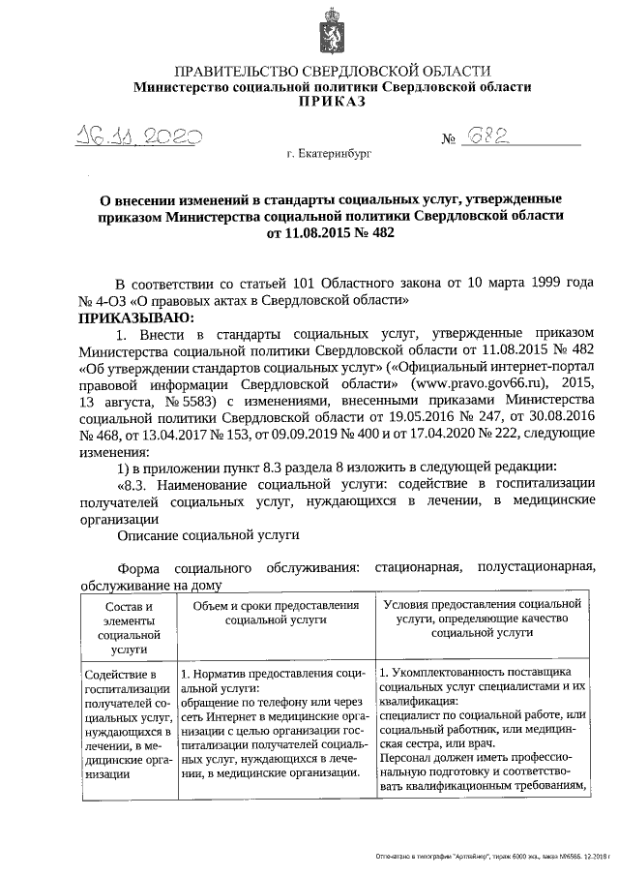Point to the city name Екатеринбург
(x=329, y=154)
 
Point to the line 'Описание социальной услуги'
(x=208, y=533)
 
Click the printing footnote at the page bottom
(x=494, y=859)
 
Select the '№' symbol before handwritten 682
(x=449, y=141)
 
